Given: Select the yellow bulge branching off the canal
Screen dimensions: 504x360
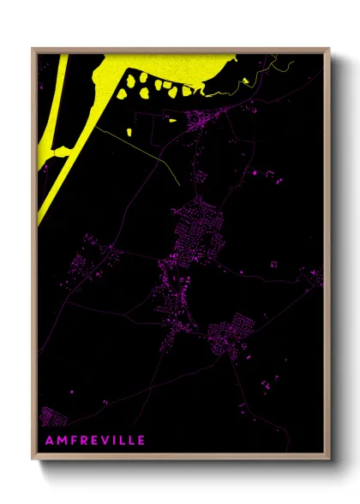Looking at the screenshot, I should pyautogui.click(x=58, y=154).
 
